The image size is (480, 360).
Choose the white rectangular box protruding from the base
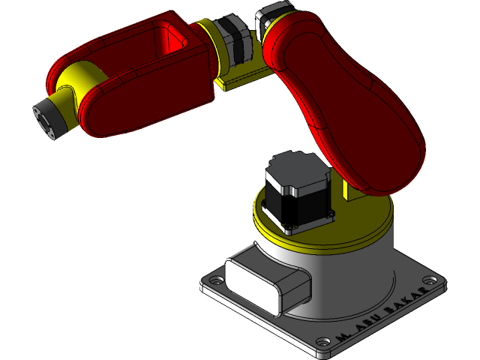266,281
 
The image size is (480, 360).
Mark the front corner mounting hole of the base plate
324,347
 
